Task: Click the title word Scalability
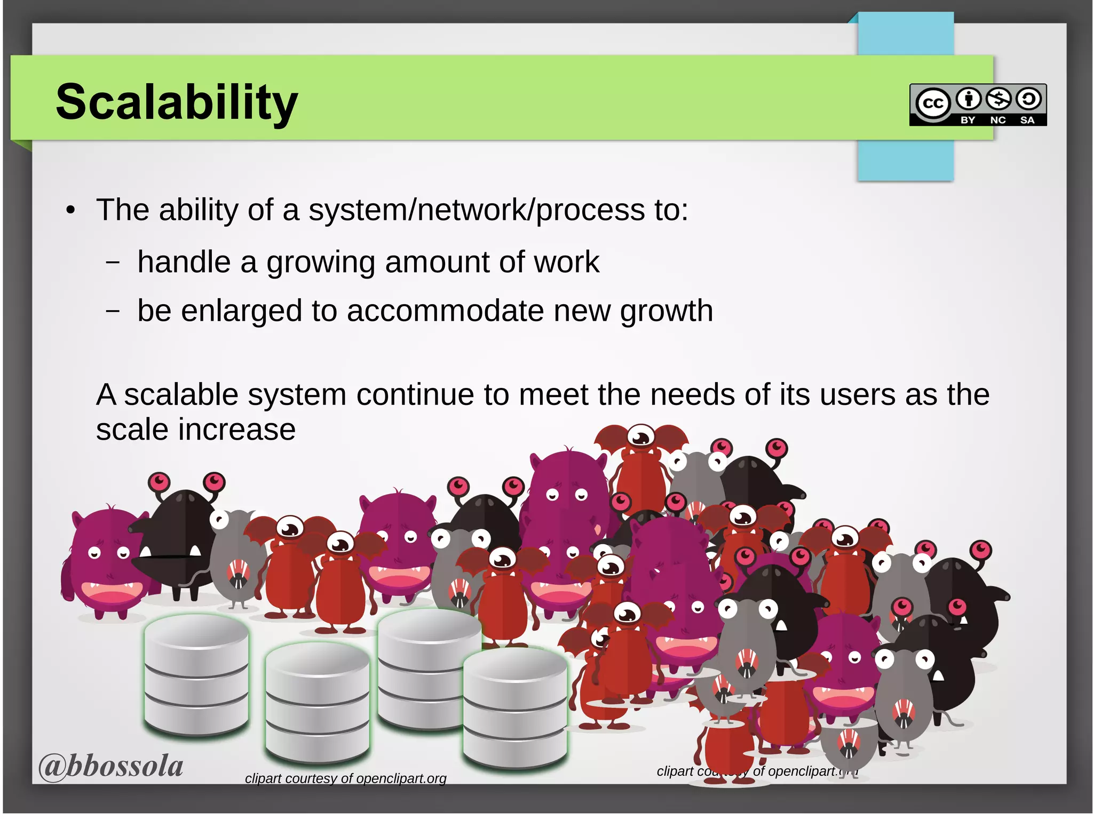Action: coord(177,102)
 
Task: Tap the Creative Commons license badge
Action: coord(978,105)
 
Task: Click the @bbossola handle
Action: coord(111,766)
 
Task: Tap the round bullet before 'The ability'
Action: coord(70,211)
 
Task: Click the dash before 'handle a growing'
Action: coord(112,263)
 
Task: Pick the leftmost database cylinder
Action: coord(196,675)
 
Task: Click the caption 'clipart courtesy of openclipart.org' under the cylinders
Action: coord(345,778)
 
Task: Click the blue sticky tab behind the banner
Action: coord(905,160)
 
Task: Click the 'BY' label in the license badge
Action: coord(968,120)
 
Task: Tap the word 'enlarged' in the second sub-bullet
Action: coord(241,311)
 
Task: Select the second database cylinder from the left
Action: coord(318,702)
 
